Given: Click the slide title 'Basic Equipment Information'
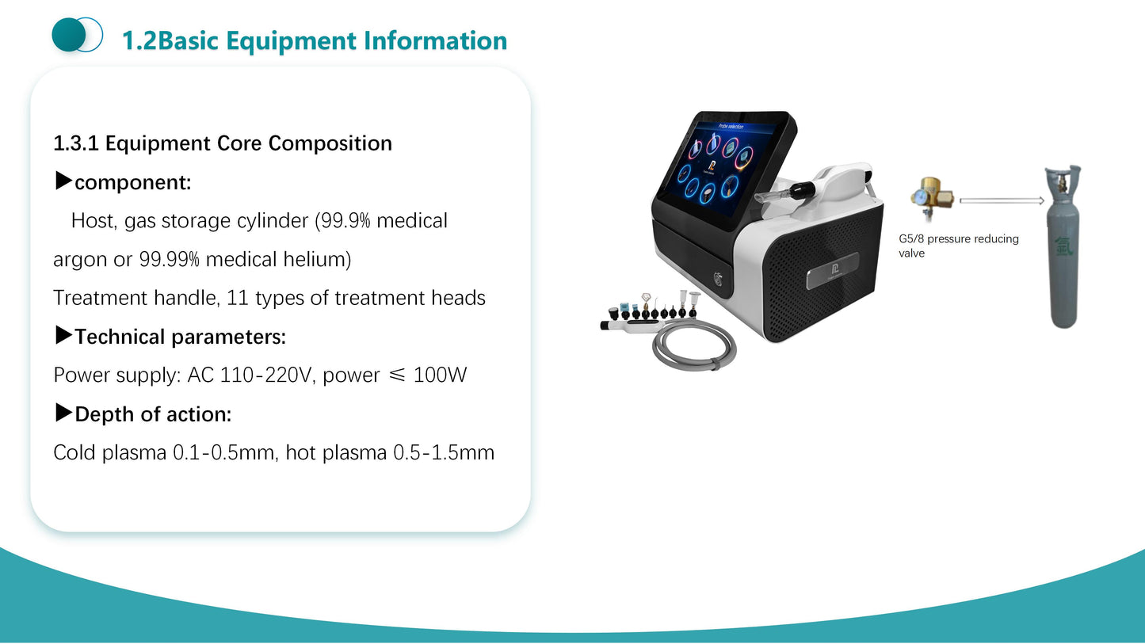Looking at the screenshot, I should point(333,40).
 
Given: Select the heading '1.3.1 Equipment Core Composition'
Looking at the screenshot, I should point(223,143).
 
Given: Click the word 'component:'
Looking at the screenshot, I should point(132,183).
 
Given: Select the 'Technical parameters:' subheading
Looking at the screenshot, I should point(180,337).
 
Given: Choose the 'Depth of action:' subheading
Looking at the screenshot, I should point(152,414).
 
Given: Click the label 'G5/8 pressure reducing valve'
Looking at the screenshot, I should point(958,246).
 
